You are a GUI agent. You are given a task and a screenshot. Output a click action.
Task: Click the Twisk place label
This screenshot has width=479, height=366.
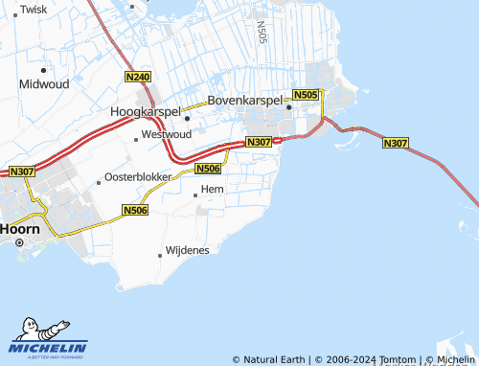pyautogui.click(x=34, y=9)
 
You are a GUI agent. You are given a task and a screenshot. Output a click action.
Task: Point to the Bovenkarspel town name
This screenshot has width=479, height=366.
pyautogui.click(x=247, y=100)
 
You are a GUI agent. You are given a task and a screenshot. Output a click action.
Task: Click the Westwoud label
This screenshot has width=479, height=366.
pyautogui.click(x=166, y=135)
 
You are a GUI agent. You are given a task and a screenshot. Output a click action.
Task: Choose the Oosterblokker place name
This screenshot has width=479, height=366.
pyautogui.click(x=138, y=178)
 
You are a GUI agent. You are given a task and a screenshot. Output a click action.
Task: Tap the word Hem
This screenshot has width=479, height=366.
pyautogui.click(x=212, y=191)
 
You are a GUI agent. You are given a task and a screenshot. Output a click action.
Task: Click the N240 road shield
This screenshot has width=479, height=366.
pyautogui.click(x=138, y=76)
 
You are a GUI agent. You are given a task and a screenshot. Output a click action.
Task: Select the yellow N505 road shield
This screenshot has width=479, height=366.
pyautogui.click(x=306, y=95)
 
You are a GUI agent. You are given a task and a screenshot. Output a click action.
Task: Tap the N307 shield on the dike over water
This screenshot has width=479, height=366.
pyautogui.click(x=396, y=144)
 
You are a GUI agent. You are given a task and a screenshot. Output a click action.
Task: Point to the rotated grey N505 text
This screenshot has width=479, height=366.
pyautogui.click(x=262, y=34)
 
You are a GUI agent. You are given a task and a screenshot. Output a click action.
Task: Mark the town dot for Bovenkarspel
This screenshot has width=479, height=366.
pyautogui.click(x=288, y=107)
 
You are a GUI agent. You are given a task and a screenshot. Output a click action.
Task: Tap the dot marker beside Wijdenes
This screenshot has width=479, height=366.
pyautogui.click(x=160, y=255)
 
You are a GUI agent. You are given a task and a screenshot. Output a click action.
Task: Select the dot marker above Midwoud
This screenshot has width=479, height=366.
pyautogui.click(x=43, y=70)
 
